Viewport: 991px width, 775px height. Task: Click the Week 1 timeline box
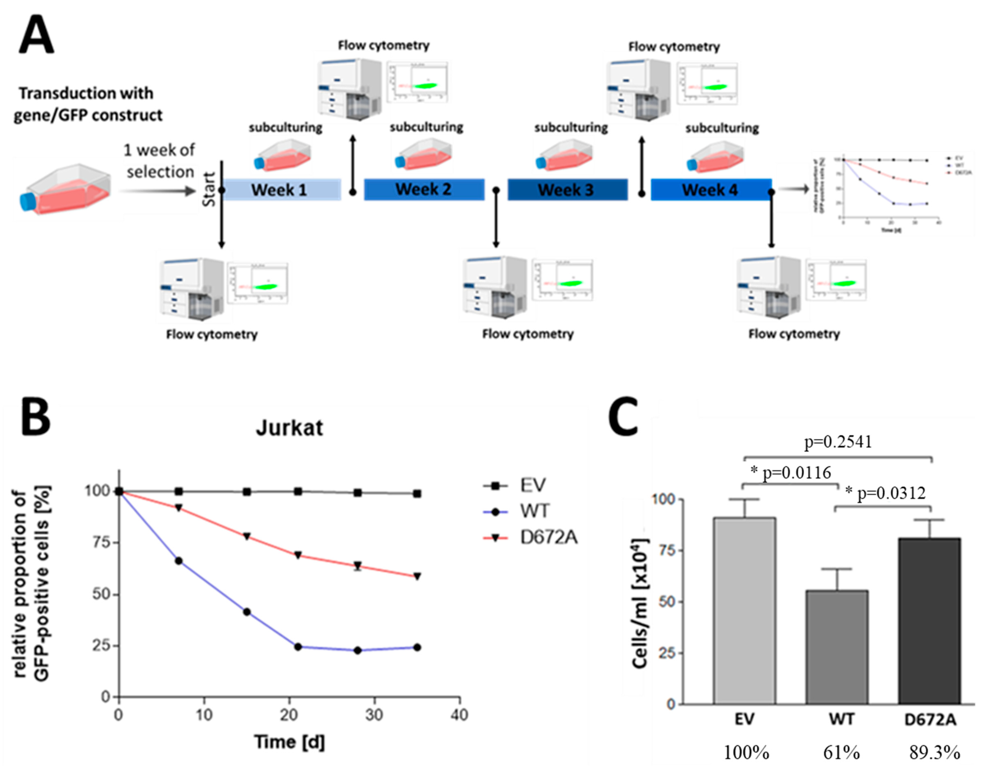[281, 190]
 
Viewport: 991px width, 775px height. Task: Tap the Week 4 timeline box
[710, 190]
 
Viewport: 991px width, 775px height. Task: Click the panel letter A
[36, 34]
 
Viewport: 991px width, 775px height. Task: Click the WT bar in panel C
[837, 647]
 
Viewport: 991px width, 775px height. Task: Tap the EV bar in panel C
[744, 610]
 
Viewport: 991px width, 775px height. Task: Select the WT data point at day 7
[179, 561]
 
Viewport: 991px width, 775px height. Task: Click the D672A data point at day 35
[417, 576]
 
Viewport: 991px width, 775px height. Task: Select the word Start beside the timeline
[209, 190]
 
